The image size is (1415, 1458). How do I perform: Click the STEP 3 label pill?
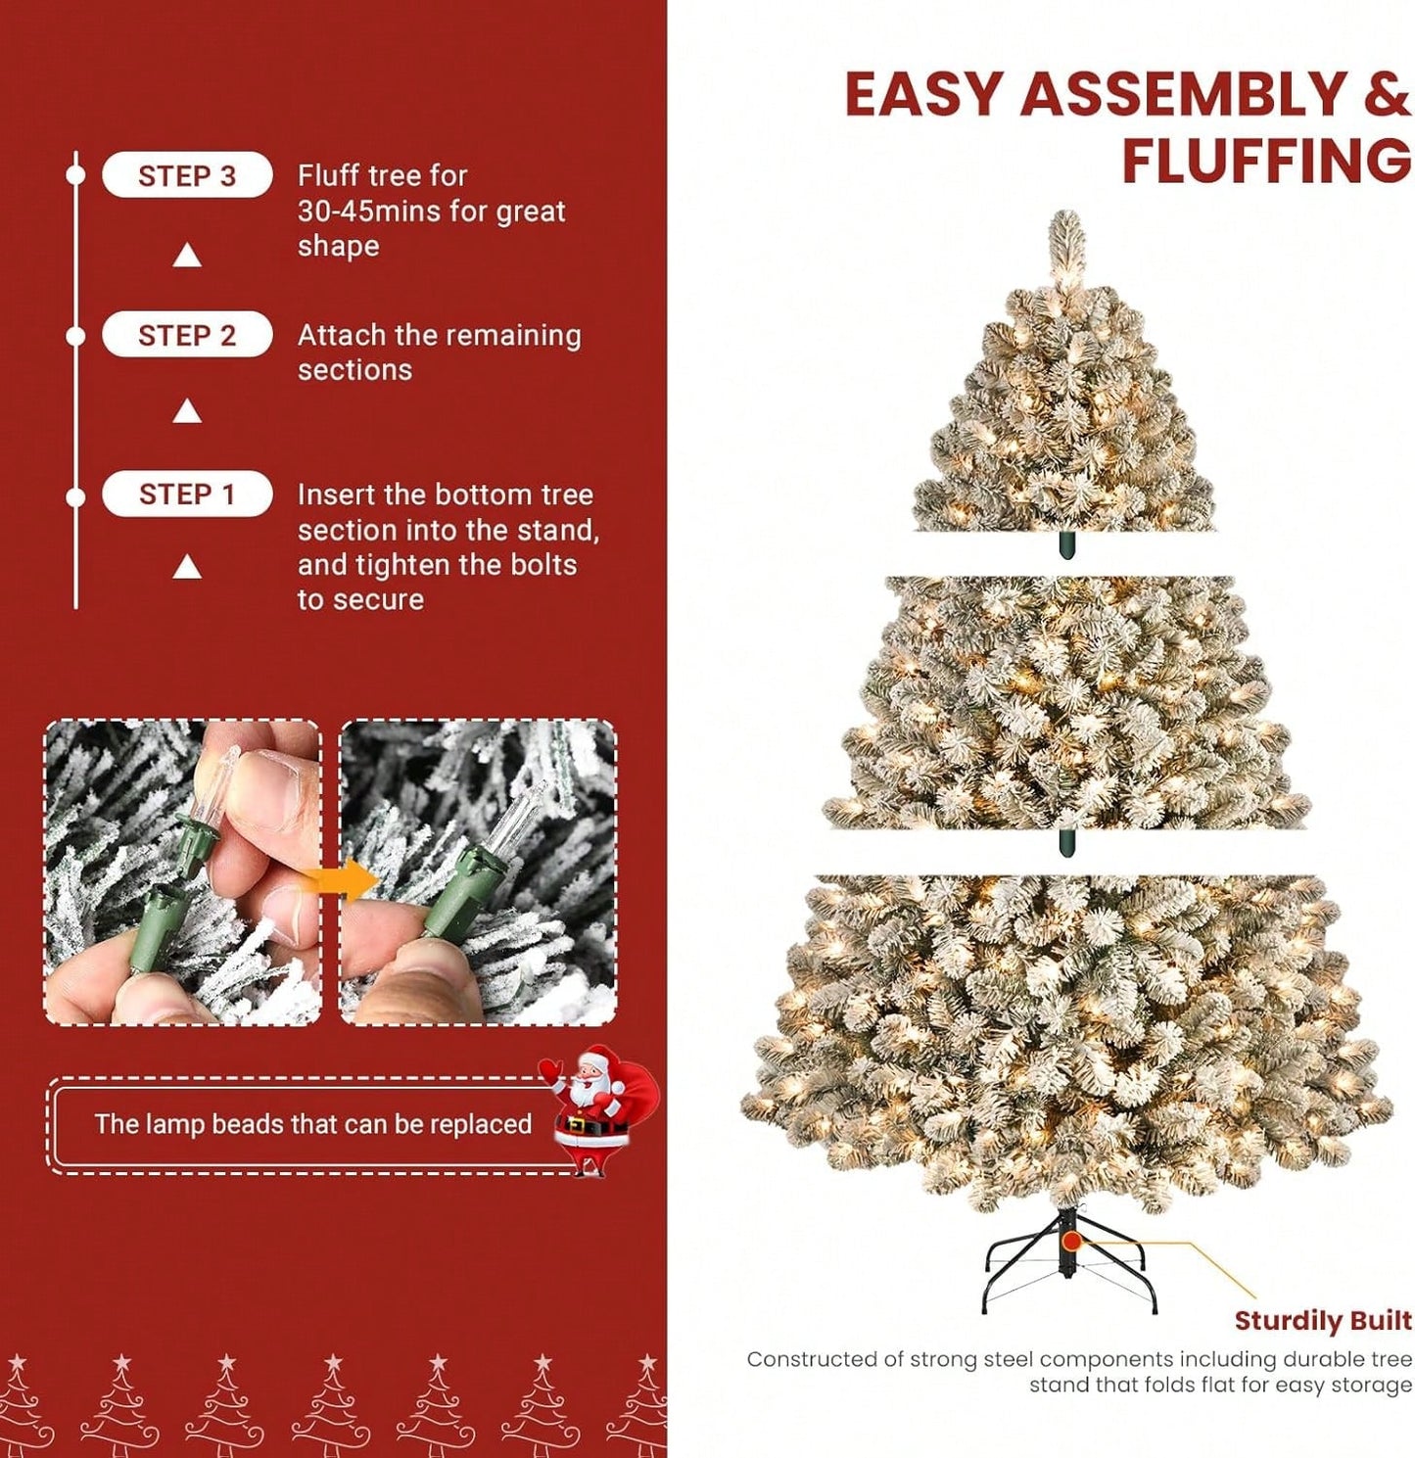click(x=187, y=175)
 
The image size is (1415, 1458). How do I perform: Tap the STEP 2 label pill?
click(x=187, y=335)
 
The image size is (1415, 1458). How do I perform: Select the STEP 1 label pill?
click(x=187, y=494)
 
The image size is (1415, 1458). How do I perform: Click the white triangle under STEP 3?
click(x=187, y=257)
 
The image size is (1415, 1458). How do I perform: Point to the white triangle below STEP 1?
click(x=187, y=568)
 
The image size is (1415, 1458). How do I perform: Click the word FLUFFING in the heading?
click(x=1265, y=162)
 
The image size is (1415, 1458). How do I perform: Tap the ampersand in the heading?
click(x=1385, y=95)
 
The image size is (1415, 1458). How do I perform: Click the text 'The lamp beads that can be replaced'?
click(x=312, y=1124)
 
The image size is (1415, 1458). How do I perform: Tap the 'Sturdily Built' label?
click(x=1322, y=1321)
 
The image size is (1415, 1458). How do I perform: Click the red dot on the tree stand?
click(x=1072, y=1242)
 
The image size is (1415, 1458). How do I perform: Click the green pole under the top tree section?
click(x=1066, y=545)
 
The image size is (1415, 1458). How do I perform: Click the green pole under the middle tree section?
click(x=1066, y=842)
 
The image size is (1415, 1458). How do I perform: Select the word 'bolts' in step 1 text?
click(x=543, y=565)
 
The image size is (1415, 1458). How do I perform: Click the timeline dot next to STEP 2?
click(x=75, y=336)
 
